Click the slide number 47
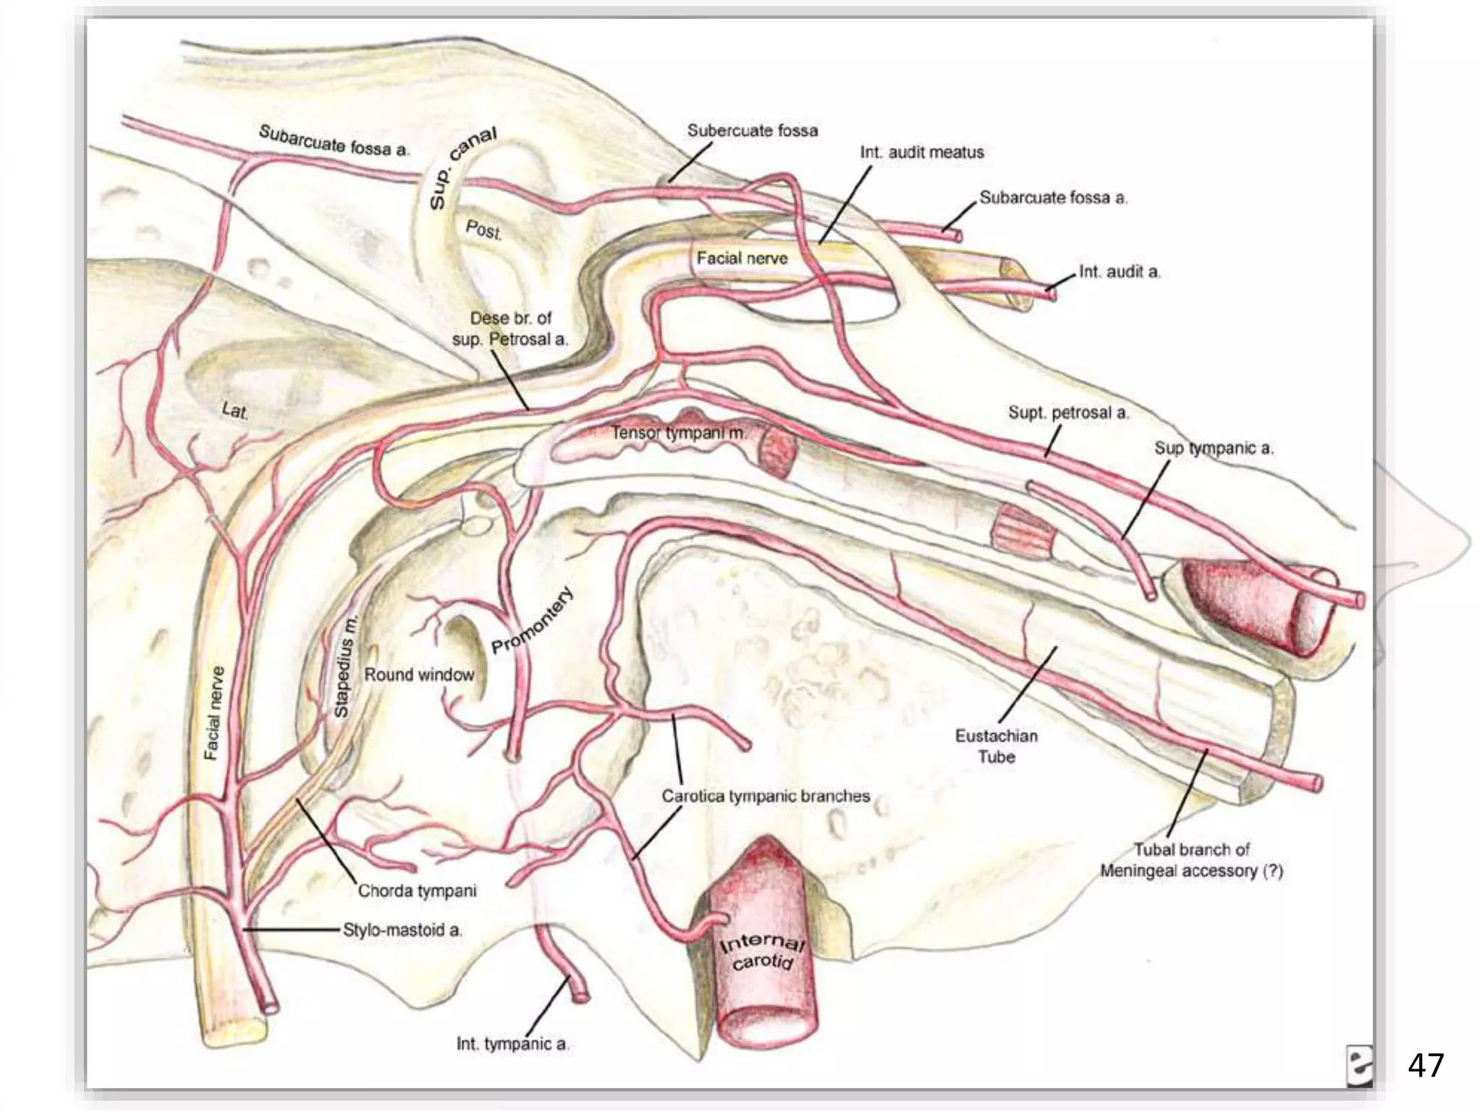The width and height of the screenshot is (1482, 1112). pos(1426,1066)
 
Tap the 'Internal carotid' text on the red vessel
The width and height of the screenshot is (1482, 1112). pos(761,951)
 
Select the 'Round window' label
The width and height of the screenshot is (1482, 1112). pos(419,675)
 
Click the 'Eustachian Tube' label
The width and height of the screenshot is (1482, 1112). pos(996,746)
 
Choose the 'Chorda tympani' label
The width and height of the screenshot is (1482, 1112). pos(418,891)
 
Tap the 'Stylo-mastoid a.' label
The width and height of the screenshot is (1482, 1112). pos(402,930)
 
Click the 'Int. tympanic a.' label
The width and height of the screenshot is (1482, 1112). pos(513,1044)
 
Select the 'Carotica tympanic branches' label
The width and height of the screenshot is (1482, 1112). pos(766,796)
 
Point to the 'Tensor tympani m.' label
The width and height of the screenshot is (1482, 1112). pos(678,433)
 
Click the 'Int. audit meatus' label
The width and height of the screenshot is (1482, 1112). pos(922,153)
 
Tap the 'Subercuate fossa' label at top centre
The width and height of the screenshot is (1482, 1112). pos(753,131)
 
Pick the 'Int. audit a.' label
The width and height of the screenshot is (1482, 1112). pos(1119,272)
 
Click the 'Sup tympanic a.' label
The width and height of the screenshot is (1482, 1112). pos(1214,449)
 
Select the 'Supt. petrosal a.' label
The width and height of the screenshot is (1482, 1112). pos(1068,413)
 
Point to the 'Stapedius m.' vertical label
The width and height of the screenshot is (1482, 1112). pos(345,666)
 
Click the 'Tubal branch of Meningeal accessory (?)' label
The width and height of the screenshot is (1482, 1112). pos(1191,860)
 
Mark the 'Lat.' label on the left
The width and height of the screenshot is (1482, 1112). pos(234,410)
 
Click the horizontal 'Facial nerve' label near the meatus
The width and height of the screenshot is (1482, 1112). pos(742,258)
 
